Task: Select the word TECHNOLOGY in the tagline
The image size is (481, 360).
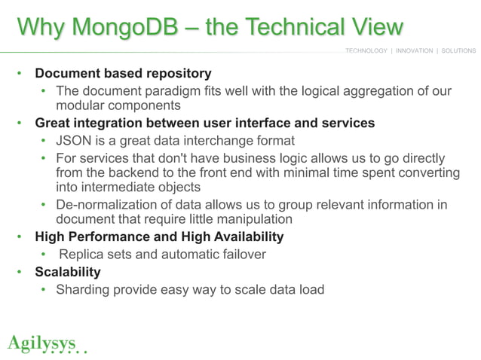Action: click(366, 51)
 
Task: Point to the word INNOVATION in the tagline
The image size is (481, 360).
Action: click(413, 51)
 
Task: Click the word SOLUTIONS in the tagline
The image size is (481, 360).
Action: click(458, 51)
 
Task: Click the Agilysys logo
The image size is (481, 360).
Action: click(44, 344)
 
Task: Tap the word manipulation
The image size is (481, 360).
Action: click(250, 220)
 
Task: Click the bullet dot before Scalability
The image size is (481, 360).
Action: click(22, 272)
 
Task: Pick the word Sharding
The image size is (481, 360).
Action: click(83, 289)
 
